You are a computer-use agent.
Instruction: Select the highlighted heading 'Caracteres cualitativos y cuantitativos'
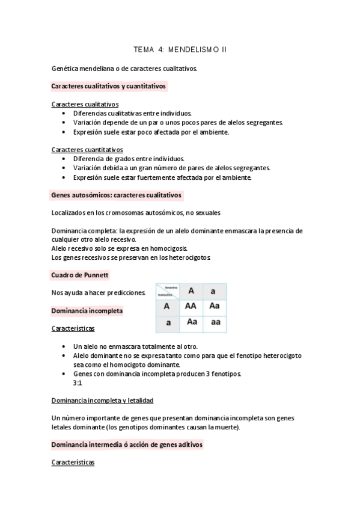pos(109,86)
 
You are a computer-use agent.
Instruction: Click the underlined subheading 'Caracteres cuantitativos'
pos(87,150)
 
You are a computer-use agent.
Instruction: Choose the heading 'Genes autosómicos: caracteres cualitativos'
pos(117,195)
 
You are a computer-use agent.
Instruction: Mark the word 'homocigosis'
pos(168,248)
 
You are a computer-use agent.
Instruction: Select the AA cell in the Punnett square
pos(191,306)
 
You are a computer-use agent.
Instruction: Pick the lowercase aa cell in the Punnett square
pos(215,322)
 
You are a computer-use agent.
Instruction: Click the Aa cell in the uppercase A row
pos(215,306)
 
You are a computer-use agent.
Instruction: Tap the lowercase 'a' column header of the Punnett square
pos(214,291)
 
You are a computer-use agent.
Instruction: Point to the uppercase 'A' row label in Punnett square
pos(167,306)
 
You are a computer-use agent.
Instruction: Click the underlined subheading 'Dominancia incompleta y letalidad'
pos(102,399)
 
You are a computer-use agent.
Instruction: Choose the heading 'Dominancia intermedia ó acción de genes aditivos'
pos(127,444)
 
